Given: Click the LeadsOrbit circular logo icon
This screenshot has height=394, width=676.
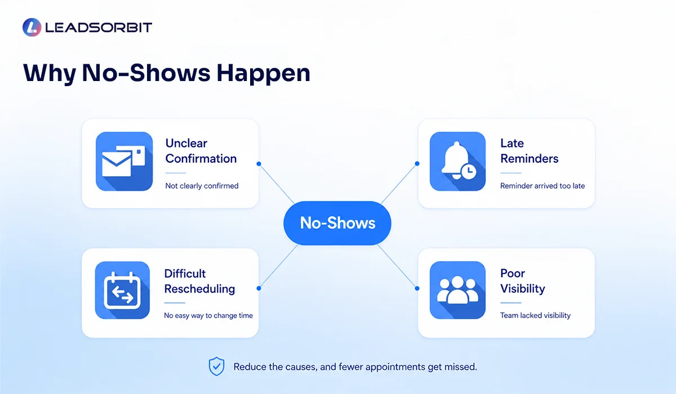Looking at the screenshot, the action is (32, 27).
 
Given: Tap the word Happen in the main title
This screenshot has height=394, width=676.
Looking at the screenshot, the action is (264, 74).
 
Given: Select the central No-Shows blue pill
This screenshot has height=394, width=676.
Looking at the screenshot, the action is (337, 223).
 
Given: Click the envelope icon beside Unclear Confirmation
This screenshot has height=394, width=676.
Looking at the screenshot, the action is (124, 162).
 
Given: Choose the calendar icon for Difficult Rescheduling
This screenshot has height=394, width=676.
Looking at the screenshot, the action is (122, 290).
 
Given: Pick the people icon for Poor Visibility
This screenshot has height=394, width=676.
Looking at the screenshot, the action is (457, 290).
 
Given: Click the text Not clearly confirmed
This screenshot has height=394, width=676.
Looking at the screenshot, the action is (202, 186).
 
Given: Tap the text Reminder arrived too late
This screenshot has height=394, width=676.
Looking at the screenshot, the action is (542, 186).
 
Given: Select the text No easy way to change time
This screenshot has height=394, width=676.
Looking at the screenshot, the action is (208, 315).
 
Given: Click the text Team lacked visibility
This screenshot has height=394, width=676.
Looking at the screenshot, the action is (535, 315).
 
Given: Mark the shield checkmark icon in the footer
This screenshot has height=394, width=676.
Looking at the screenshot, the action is (216, 366).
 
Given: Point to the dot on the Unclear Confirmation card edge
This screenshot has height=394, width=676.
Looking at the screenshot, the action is (259, 164).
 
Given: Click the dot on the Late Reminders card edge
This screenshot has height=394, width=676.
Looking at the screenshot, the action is (417, 163).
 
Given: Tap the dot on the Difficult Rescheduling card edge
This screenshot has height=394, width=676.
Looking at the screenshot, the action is (259, 288).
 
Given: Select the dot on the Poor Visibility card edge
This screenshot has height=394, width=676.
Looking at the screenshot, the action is (417, 288).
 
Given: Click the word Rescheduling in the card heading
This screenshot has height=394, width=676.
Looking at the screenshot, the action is (199, 289).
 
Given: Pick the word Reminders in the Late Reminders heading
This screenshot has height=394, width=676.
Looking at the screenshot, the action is (530, 159).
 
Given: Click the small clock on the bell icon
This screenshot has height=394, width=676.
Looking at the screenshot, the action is (469, 172).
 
